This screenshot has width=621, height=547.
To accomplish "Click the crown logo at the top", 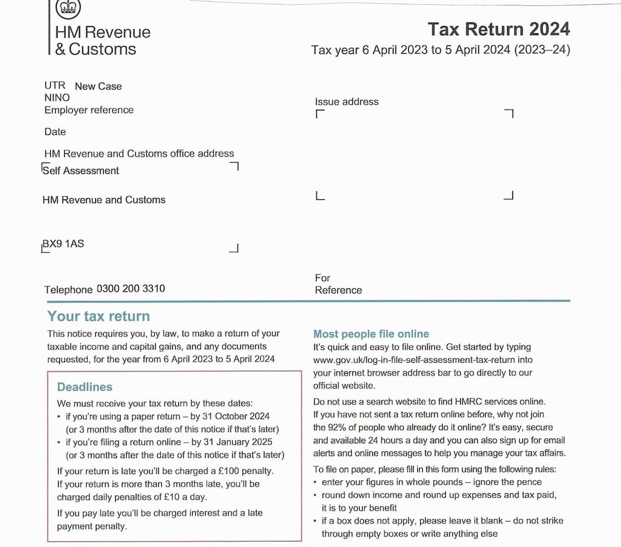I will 69,7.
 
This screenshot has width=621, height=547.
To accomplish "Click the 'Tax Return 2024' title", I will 498,29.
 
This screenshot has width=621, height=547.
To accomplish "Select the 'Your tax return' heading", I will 98,316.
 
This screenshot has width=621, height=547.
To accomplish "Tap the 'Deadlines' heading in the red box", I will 84,387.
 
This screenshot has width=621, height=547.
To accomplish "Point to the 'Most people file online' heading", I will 371,334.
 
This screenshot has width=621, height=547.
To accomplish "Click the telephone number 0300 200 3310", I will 130,289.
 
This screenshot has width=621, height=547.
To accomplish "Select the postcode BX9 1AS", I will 63,244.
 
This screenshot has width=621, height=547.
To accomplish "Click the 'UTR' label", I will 55,85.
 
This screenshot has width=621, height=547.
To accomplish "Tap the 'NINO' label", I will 57,98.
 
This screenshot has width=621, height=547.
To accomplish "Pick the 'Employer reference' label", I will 89,110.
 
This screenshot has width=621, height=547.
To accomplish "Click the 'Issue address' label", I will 346,102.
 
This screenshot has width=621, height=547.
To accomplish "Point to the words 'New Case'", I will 98,86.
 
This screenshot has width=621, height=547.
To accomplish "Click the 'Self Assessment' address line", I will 81,171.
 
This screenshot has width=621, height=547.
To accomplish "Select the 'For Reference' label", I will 338,284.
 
